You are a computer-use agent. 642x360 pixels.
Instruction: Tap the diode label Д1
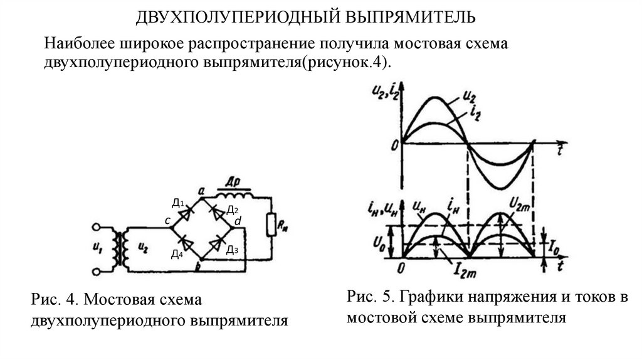(x=178, y=203)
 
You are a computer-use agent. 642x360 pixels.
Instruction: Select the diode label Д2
(x=232, y=210)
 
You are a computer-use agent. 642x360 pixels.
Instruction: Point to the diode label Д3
(x=232, y=250)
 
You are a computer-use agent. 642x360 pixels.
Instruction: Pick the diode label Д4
(x=177, y=254)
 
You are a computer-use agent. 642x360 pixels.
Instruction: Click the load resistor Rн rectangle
(x=271, y=225)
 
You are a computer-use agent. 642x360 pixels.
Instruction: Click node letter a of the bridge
(x=201, y=191)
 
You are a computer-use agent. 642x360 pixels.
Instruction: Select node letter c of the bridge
(x=167, y=221)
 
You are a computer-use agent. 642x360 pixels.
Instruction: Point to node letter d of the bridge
(x=238, y=221)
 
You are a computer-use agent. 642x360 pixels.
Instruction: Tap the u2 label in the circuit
(x=143, y=247)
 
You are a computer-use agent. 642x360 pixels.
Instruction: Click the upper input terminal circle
(x=97, y=227)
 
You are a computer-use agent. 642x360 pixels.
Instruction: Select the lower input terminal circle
(x=97, y=271)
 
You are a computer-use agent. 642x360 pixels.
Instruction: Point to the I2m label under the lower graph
(x=464, y=270)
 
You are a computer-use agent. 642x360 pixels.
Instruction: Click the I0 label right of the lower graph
(x=554, y=248)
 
